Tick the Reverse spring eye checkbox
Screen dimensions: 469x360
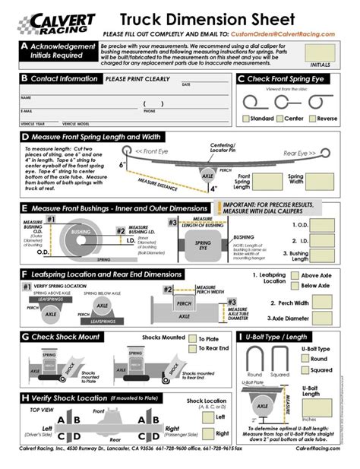click(311, 119)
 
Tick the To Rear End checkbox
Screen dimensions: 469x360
click(191, 348)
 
